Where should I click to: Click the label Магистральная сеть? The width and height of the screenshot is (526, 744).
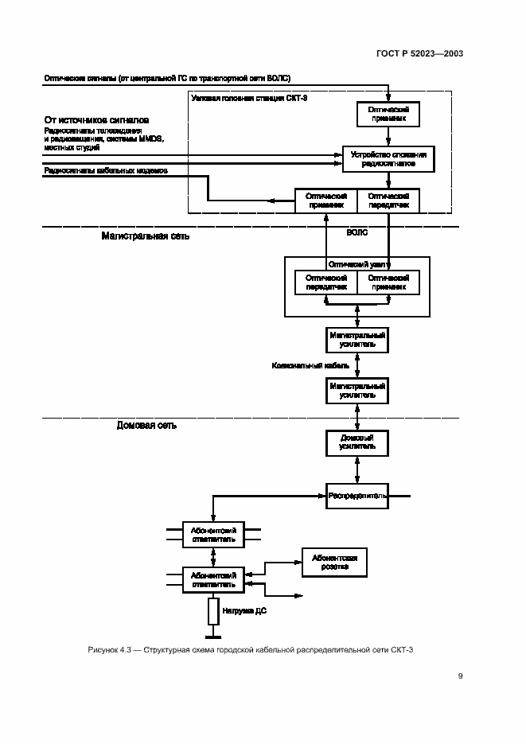(x=146, y=236)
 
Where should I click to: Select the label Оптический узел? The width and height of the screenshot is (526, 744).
(x=357, y=263)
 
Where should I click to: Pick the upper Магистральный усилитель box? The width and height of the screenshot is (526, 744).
(x=357, y=341)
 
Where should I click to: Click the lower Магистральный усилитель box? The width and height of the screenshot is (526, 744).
(x=357, y=390)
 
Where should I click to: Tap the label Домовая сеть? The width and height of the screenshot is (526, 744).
(x=146, y=425)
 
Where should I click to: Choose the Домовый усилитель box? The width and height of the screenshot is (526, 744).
(x=357, y=442)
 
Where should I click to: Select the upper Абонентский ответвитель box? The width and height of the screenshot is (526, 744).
(x=213, y=532)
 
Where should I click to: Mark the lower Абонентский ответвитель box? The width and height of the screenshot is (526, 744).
(x=213, y=578)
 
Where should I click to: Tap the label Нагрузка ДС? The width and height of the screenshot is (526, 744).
(x=248, y=611)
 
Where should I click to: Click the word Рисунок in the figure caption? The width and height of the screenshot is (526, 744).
(x=103, y=651)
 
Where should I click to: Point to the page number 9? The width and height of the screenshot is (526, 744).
(x=460, y=676)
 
